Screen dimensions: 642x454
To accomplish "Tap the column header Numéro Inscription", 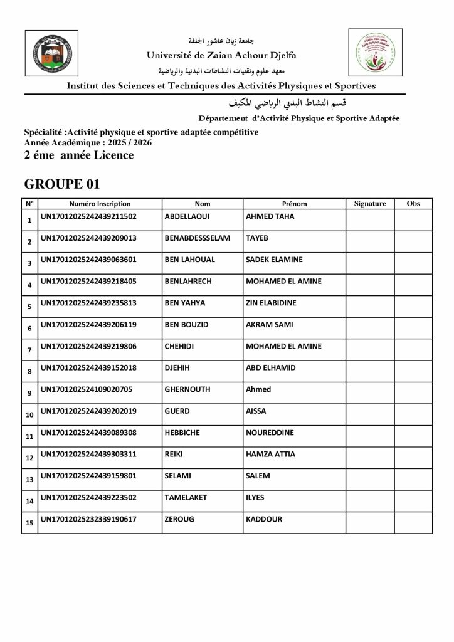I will [x=100, y=204].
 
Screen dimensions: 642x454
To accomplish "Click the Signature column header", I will [x=369, y=204].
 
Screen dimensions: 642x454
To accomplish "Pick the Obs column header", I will [x=413, y=204].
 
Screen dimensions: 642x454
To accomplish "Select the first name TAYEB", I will [x=257, y=239].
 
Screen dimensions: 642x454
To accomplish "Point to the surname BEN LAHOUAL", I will [x=189, y=260].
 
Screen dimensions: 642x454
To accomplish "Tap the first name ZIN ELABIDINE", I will [x=270, y=303].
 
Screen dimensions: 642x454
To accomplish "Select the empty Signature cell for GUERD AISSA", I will [x=369, y=413].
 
